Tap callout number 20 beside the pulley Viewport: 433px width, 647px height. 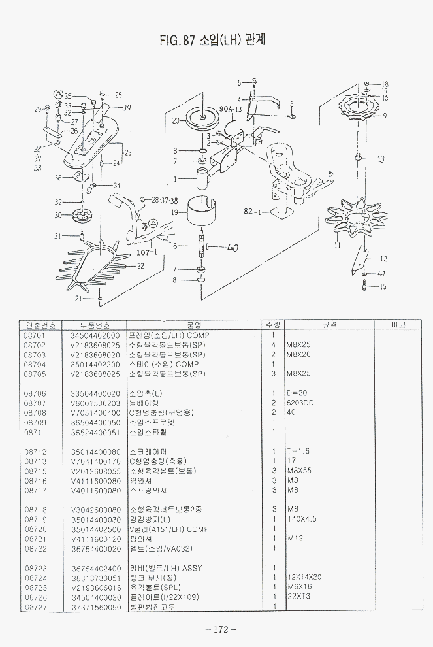click(175, 121)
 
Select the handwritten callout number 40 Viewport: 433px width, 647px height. click(233, 248)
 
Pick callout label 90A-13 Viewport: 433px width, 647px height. click(231, 109)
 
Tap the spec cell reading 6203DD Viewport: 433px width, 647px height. click(300, 403)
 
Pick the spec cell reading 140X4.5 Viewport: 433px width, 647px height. click(302, 519)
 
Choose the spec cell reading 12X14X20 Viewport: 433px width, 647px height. click(304, 577)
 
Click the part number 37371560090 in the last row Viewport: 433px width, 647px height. click(96, 606)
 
